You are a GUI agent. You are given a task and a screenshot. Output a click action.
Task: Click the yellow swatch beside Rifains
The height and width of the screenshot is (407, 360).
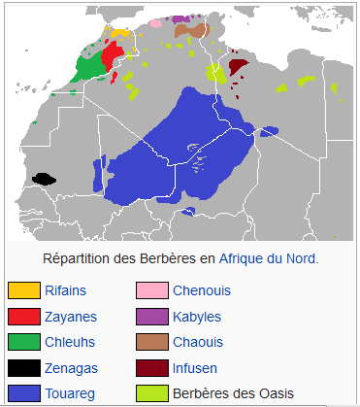point(23,290)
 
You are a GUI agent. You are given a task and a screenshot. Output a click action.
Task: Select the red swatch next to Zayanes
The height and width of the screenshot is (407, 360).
point(23,317)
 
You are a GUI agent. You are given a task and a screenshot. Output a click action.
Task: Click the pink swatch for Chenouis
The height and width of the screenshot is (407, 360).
point(151,290)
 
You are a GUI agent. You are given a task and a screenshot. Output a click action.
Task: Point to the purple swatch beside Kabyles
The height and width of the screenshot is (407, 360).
point(151,317)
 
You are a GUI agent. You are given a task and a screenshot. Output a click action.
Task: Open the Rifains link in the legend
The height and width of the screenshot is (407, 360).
point(64,290)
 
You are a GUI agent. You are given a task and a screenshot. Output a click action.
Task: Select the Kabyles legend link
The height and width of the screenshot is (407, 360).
point(196,317)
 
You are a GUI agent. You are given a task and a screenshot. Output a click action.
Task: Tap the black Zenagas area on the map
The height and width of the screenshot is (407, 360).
point(44,179)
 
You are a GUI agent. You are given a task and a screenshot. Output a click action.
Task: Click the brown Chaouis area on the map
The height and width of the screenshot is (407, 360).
point(192,31)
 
